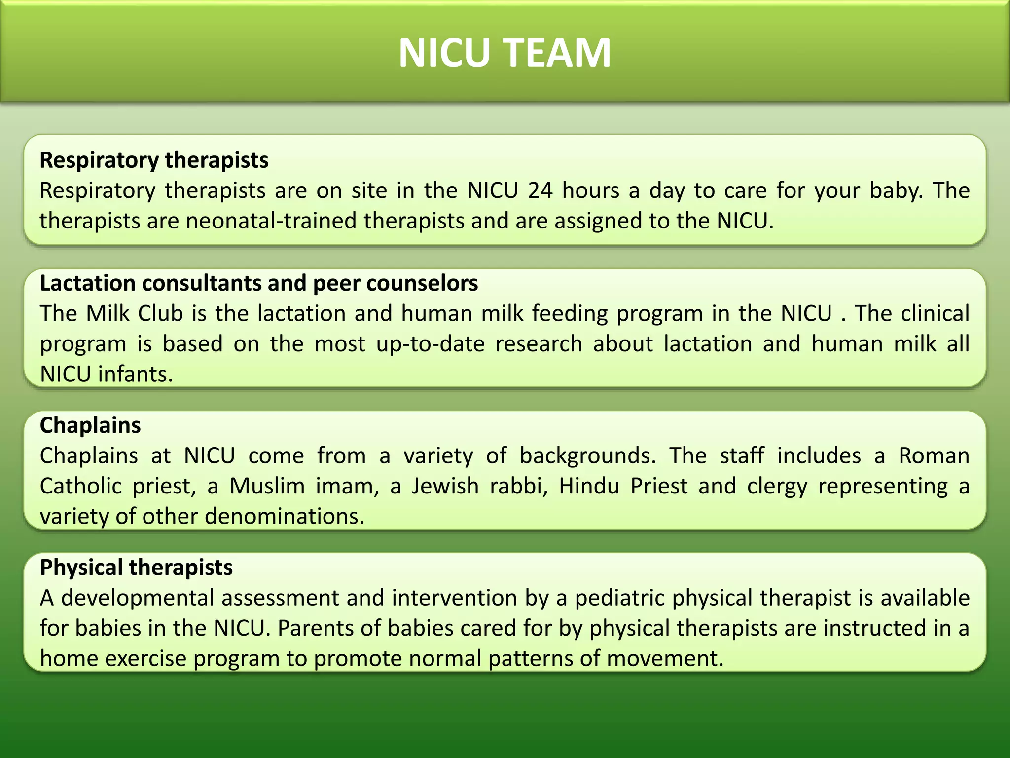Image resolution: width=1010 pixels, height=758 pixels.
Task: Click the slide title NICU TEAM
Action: coord(505,53)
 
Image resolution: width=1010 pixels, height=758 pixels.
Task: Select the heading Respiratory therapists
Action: coord(154,160)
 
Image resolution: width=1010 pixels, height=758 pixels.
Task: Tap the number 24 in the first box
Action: coord(540,190)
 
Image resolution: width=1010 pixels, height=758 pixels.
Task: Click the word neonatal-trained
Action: coord(271,221)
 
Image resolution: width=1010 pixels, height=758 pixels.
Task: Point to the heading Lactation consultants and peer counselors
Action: coord(259,283)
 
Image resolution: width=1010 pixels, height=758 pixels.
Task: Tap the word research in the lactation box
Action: coord(539,344)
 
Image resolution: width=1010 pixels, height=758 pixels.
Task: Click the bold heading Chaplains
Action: coord(90,425)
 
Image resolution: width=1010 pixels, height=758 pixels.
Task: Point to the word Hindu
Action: coord(589,486)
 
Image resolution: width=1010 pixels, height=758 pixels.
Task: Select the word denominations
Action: coord(284,517)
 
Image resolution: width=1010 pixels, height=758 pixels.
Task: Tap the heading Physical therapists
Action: coord(136,568)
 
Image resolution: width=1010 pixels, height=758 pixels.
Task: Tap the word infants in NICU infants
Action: coord(135,375)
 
